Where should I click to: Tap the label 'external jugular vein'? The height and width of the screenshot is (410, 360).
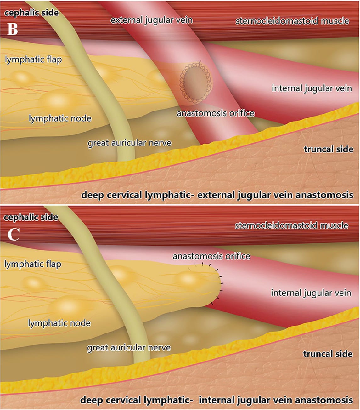tap(151, 20)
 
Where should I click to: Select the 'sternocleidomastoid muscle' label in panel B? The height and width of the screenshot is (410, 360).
tap(292, 21)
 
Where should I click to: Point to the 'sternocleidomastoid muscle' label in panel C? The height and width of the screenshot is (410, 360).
tap(291, 225)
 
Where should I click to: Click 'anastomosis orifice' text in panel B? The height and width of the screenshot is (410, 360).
tap(215, 113)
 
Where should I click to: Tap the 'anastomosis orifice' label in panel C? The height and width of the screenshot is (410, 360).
tap(211, 256)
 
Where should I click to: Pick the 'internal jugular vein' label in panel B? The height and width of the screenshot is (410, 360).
tap(312, 88)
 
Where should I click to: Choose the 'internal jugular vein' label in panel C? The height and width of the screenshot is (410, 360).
tap(311, 293)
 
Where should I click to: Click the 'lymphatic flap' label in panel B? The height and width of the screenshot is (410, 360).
tap(33, 60)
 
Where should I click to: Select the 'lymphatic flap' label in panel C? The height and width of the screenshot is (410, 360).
tap(33, 264)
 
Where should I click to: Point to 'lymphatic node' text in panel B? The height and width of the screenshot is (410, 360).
tap(60, 118)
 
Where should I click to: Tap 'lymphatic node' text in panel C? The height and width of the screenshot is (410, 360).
tap(59, 323)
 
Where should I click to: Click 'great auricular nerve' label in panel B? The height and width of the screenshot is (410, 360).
tap(129, 143)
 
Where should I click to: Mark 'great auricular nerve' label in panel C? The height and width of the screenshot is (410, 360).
tap(129, 348)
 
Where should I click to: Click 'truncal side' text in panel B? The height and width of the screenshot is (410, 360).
tap(329, 149)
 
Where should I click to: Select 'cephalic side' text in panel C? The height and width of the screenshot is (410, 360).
tap(31, 217)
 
